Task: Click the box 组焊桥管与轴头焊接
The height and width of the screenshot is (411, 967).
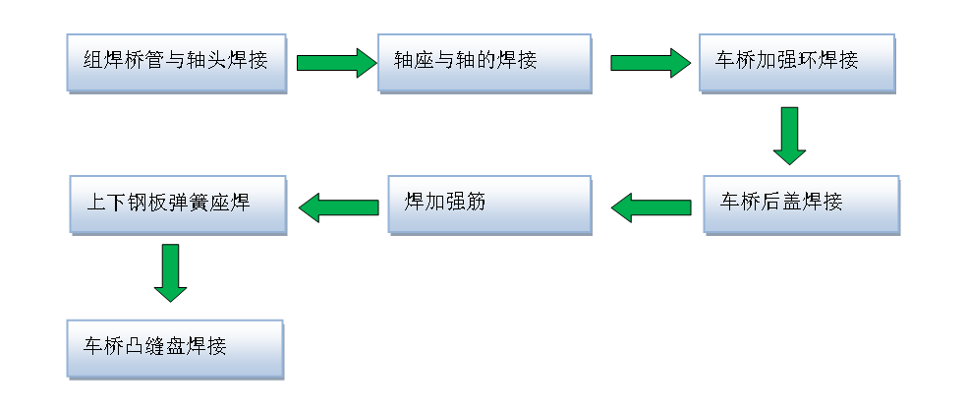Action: [176, 63]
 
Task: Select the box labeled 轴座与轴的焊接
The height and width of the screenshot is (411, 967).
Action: [484, 63]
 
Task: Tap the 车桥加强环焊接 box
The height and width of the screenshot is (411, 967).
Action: [797, 63]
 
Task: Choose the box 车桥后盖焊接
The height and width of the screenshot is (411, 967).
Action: [801, 204]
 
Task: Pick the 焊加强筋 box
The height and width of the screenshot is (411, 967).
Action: [489, 204]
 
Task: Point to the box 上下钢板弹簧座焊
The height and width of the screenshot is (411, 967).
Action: [178, 204]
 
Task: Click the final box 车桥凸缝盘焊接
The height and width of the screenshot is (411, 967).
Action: [174, 347]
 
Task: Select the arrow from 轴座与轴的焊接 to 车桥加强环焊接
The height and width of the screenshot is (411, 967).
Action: [650, 63]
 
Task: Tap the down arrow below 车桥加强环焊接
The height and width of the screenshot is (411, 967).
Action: [789, 135]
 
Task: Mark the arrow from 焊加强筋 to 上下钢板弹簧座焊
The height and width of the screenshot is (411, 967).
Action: [338, 206]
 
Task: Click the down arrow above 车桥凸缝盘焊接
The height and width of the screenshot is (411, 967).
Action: [170, 272]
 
